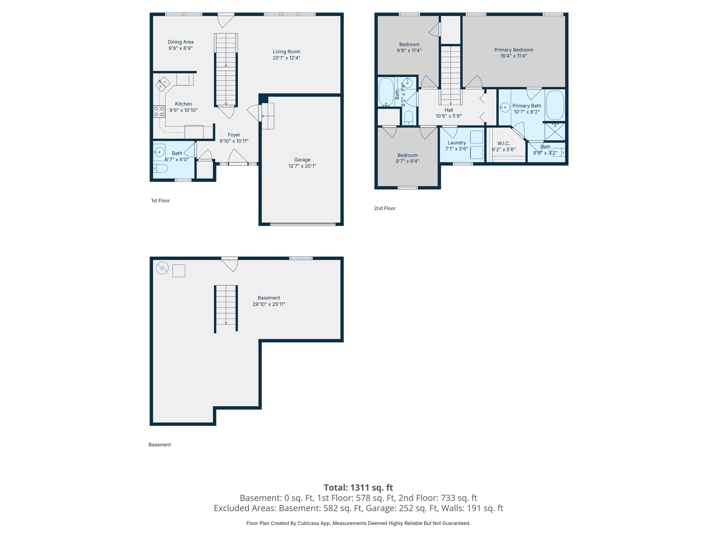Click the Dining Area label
point(181,42)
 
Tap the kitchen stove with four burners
point(159,112)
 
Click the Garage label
point(302,159)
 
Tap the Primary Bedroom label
point(513,50)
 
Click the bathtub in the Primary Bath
point(555,105)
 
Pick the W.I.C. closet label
point(503,143)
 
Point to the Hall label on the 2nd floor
point(449,110)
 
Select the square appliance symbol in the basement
point(179,271)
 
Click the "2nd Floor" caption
point(385,208)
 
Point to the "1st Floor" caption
point(160,200)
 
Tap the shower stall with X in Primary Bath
point(555,132)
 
